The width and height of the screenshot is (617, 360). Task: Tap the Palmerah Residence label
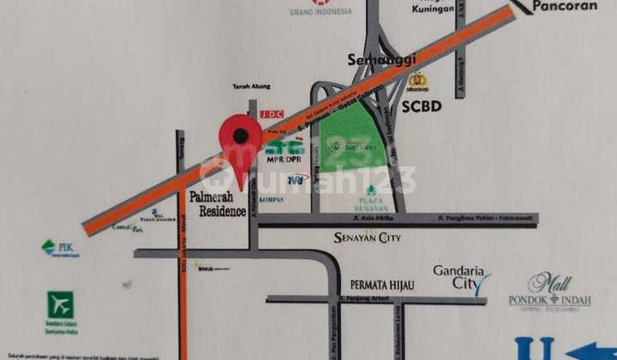click(x=218, y=204)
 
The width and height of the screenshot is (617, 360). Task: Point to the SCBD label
click(x=421, y=106)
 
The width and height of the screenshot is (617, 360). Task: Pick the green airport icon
click(x=60, y=304)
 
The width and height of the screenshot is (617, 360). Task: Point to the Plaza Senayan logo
click(x=372, y=198)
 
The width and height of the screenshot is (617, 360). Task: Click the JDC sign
click(x=271, y=113)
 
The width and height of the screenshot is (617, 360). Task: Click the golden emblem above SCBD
click(x=417, y=82)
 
